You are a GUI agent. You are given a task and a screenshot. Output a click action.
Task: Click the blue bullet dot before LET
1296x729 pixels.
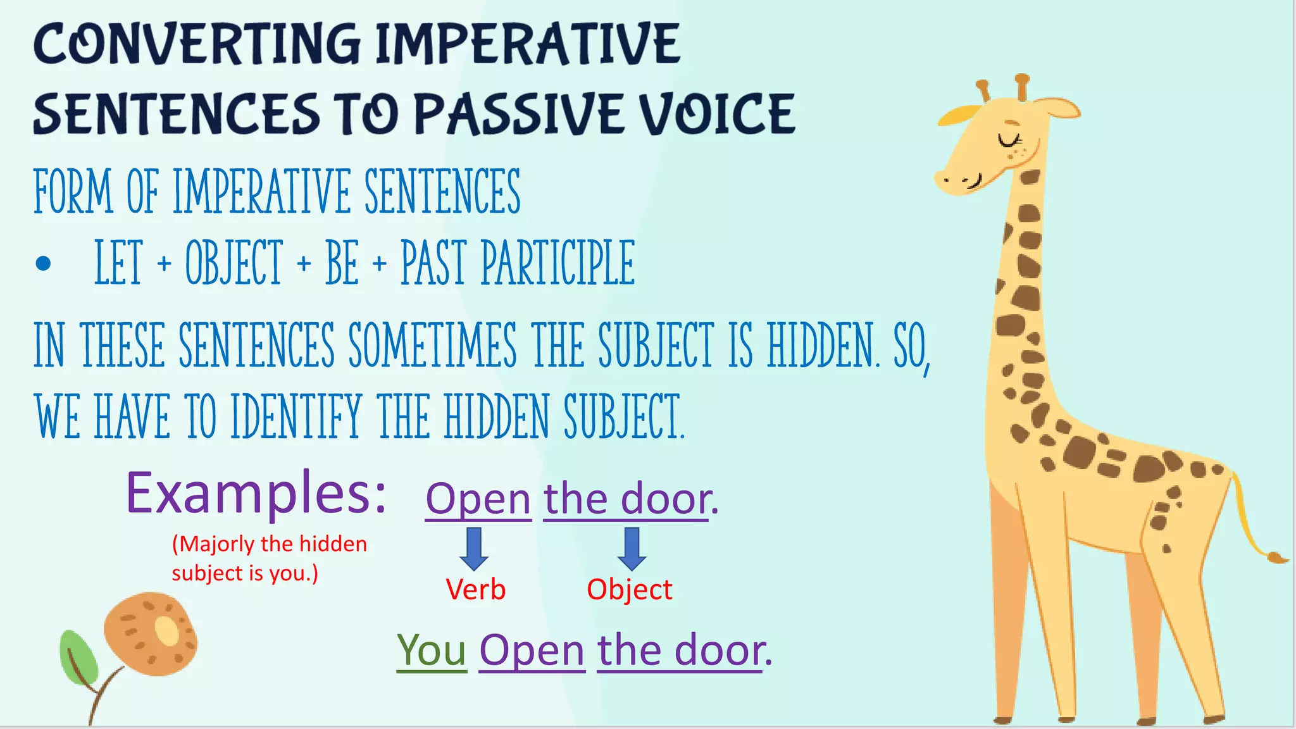coord(43,263)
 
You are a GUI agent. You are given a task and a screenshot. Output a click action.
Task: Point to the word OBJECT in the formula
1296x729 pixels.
coord(233,263)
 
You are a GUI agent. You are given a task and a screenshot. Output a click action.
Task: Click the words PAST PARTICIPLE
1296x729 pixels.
coord(518,263)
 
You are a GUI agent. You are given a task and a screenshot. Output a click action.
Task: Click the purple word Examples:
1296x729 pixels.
coord(256,494)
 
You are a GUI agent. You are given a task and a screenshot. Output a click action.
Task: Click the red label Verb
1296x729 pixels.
coord(475,590)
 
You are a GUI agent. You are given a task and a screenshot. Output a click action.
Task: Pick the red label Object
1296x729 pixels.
coord(629,590)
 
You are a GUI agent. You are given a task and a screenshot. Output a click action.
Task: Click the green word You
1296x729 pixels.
coord(432,651)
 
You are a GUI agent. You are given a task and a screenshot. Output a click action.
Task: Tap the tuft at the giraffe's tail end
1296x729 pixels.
coord(1276,558)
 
